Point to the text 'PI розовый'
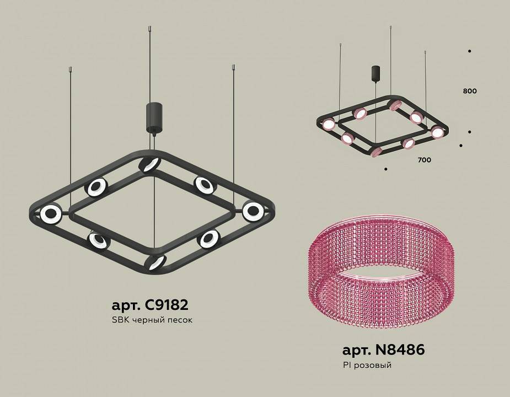coord(366,364)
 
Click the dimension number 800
coord(470,91)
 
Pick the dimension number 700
coord(424,160)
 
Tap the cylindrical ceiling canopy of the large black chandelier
coord(152,116)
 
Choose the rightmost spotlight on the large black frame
coord(253,210)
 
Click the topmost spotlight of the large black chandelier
coord(149,164)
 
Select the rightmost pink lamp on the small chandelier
coord(437,132)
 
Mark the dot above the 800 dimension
coord(469,51)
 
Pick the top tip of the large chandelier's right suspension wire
coord(233,67)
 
